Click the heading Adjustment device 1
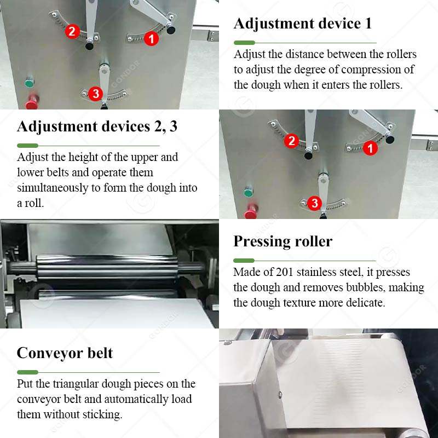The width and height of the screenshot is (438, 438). click(x=303, y=23)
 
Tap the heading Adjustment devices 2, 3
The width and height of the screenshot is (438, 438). click(x=97, y=126)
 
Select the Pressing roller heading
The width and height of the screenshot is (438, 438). click(x=283, y=241)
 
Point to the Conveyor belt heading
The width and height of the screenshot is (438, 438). click(x=65, y=353)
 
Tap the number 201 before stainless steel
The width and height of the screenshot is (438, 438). click(x=284, y=272)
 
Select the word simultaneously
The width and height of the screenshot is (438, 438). click(x=53, y=188)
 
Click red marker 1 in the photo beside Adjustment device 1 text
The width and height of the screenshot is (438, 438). click(x=151, y=38)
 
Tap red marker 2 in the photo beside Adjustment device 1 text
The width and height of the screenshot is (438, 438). click(x=72, y=31)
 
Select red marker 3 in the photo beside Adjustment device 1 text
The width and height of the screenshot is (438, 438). click(x=95, y=94)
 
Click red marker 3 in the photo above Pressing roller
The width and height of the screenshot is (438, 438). click(x=314, y=203)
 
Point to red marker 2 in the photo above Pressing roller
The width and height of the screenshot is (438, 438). click(x=291, y=141)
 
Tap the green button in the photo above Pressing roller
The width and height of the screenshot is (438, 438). click(x=249, y=192)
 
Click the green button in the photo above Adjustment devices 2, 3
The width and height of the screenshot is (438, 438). click(x=29, y=83)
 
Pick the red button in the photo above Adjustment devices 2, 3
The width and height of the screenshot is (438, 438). click(x=32, y=102)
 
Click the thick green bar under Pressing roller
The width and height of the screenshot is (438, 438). click(x=244, y=261)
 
